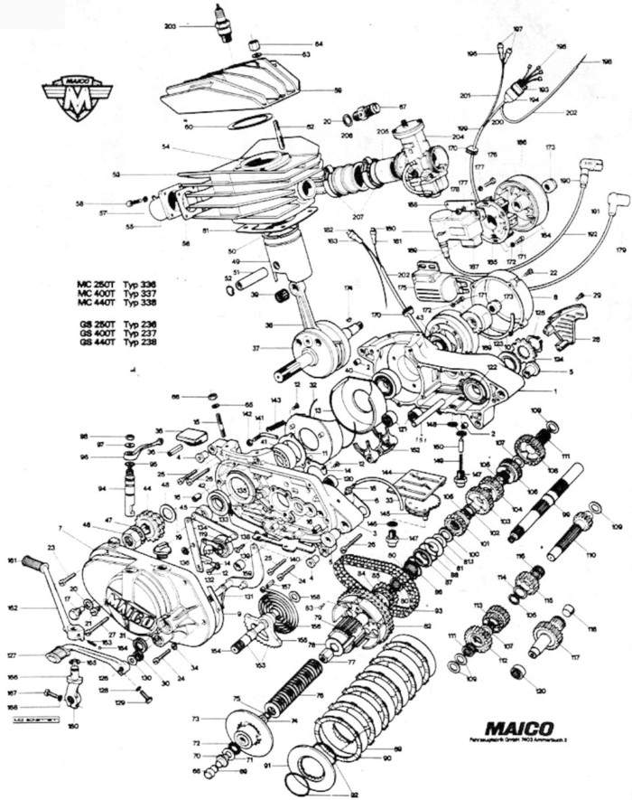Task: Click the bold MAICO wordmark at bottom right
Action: pyautogui.click(x=522, y=725)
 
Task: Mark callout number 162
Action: pyautogui.click(x=12, y=609)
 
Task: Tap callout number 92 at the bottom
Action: pyautogui.click(x=330, y=795)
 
